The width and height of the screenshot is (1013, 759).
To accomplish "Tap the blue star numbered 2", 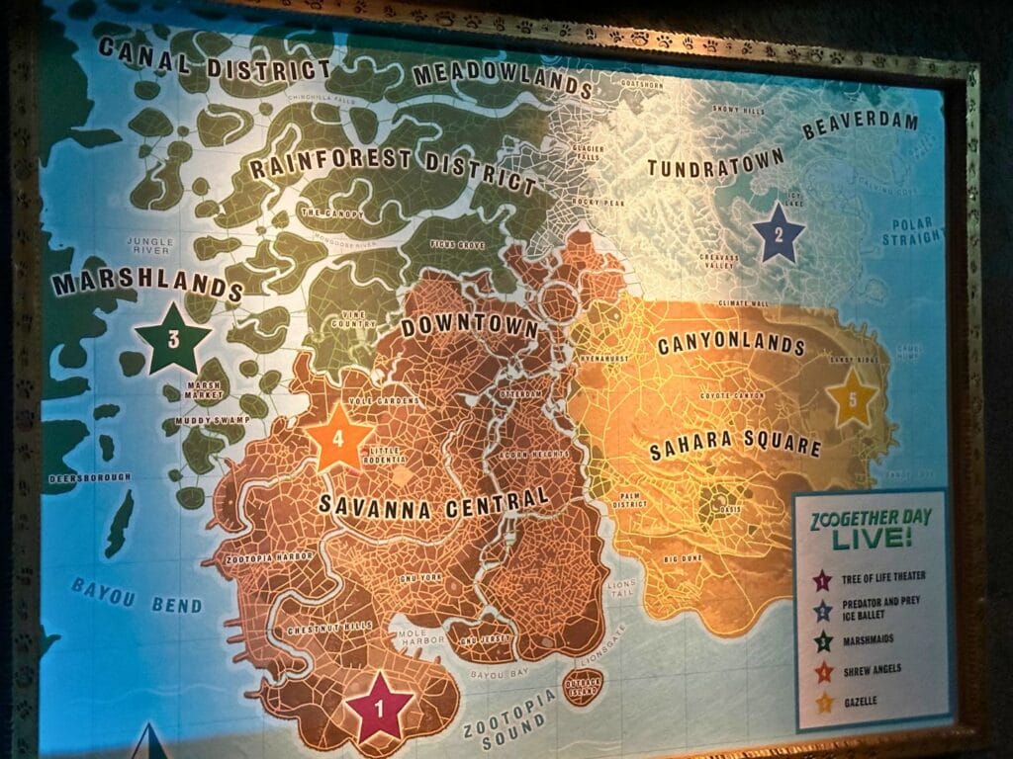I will [x=778, y=234].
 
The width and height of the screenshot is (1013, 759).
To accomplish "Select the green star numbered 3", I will [x=173, y=339].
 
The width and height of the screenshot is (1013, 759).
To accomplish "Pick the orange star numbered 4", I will [x=338, y=438].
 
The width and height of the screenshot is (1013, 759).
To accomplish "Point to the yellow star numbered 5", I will [x=852, y=398].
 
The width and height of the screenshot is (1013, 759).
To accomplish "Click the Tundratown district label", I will [x=715, y=162].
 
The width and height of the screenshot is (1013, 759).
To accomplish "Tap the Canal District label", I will [x=214, y=57].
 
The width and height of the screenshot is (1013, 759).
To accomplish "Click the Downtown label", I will [x=469, y=328].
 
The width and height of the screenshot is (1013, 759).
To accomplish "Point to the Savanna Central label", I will [x=433, y=503].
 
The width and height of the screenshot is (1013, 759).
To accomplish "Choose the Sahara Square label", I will [x=735, y=446].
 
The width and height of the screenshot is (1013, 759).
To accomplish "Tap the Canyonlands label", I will [x=731, y=345].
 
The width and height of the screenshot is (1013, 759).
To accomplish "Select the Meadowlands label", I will [x=502, y=78].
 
